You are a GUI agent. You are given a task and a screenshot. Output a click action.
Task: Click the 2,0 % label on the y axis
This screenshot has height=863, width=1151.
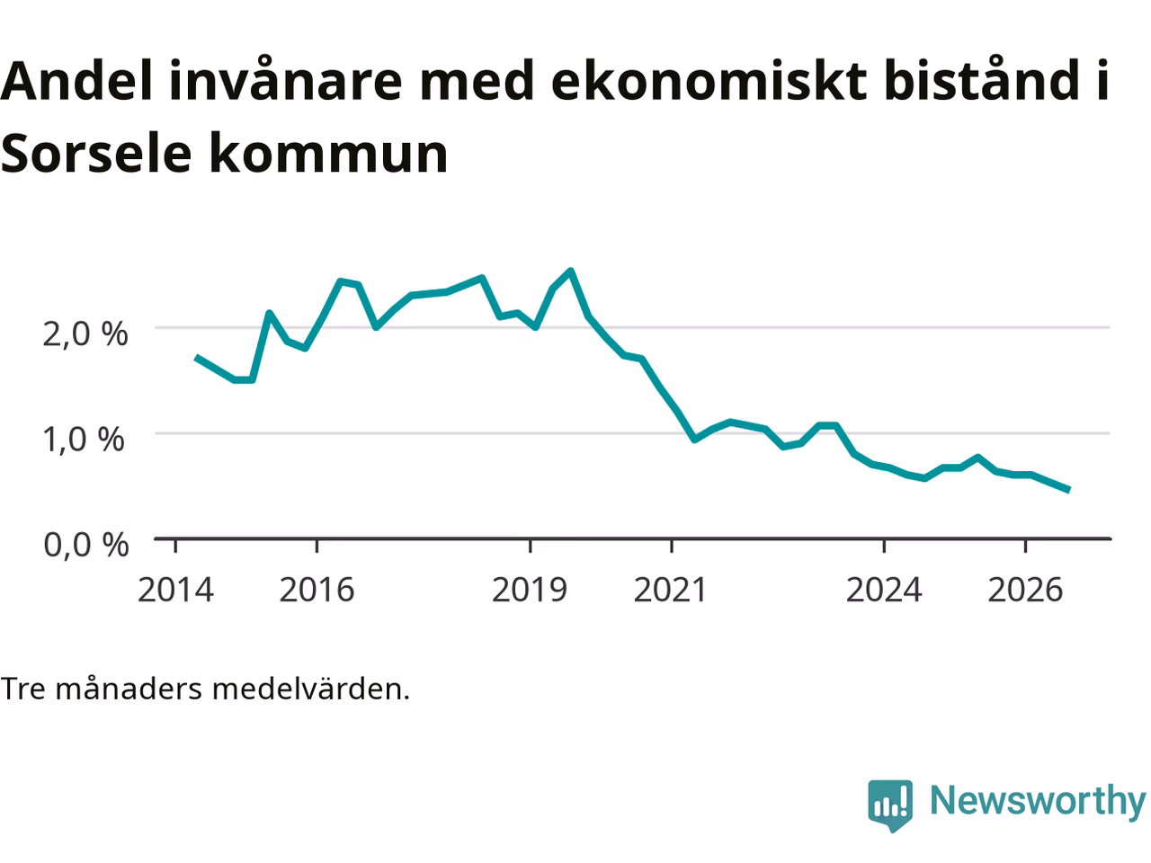coord(85,334)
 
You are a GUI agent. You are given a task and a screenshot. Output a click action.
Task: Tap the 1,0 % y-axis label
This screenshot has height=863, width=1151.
coord(84,439)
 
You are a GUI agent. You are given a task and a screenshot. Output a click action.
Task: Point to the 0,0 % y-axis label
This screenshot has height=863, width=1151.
coord(86,545)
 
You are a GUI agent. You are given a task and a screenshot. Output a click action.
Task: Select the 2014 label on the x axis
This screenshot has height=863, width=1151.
coord(175,590)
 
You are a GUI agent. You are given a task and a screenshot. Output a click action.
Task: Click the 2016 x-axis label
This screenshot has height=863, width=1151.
coord(317,590)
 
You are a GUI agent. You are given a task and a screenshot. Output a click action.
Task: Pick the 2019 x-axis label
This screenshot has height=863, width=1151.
coord(530,590)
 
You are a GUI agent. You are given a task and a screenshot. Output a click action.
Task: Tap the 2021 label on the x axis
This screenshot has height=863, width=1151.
coord(671,590)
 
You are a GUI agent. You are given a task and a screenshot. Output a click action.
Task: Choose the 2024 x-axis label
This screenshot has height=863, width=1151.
coord(884,590)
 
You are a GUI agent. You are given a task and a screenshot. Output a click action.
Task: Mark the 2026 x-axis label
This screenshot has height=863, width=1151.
coord(1025,590)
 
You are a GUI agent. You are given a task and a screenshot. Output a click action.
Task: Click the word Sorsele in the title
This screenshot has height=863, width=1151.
coord(96,153)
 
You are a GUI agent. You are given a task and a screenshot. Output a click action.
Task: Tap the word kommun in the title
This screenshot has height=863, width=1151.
coord(329,152)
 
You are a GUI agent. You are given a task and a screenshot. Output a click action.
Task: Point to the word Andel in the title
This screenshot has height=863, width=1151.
coord(76,80)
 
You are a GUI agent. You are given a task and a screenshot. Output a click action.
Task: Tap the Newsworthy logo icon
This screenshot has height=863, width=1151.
coord(890,805)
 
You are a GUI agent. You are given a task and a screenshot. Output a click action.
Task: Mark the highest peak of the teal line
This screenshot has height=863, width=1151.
coord(571,271)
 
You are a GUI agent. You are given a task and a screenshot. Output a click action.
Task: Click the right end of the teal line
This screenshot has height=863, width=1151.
coord(1069,490)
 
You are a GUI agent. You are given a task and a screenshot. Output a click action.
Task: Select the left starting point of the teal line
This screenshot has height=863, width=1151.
coord(196,358)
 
